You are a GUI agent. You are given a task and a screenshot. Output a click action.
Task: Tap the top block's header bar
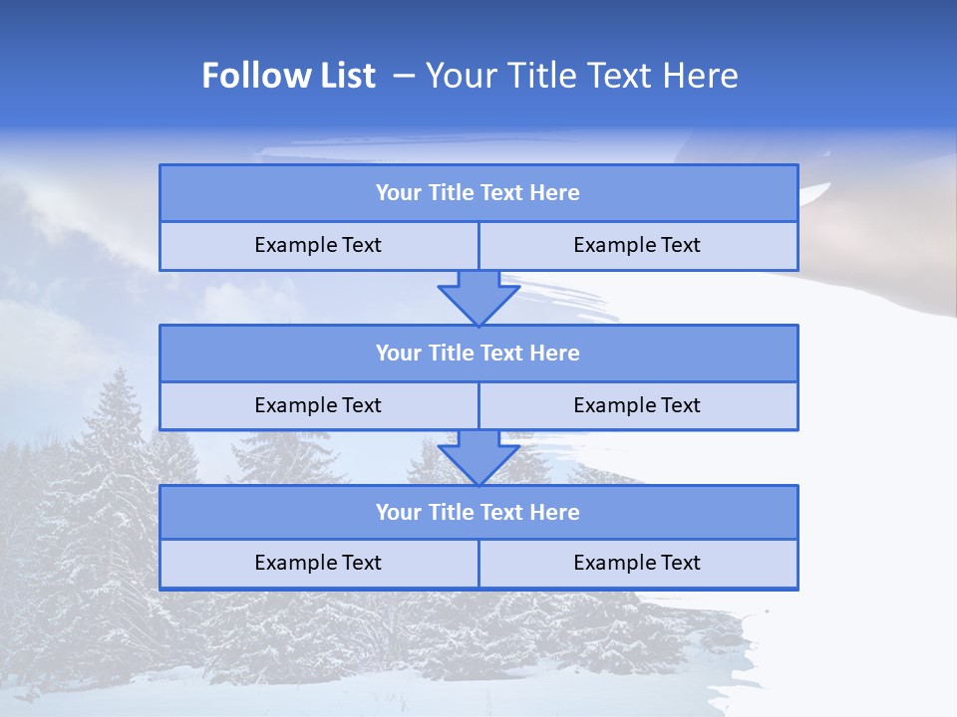click(478, 193)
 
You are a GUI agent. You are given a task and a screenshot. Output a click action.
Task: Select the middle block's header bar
click(478, 354)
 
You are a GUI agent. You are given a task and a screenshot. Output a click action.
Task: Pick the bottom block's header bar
click(478, 513)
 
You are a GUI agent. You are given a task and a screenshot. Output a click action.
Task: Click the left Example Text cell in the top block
click(318, 245)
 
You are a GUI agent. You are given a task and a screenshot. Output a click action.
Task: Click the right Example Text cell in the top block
click(637, 245)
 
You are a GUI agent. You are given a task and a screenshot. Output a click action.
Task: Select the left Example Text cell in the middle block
click(318, 405)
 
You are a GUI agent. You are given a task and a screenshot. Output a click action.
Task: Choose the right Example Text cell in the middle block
click(637, 405)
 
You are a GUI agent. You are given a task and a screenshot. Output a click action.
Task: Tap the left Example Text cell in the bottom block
click(318, 563)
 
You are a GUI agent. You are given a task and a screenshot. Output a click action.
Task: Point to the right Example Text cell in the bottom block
click(637, 563)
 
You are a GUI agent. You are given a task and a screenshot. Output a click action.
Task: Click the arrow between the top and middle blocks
click(478, 297)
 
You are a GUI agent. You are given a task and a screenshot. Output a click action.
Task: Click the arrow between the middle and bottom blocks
click(478, 457)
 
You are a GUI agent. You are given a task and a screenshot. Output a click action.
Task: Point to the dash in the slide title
click(404, 76)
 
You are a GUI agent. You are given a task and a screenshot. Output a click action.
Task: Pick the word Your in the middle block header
click(399, 354)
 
